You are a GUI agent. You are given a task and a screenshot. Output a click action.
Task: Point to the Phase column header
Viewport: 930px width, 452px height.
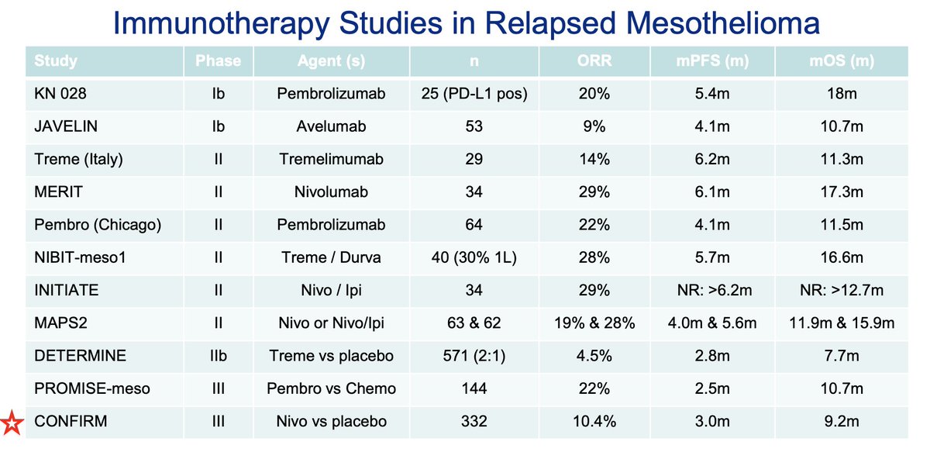[219, 60]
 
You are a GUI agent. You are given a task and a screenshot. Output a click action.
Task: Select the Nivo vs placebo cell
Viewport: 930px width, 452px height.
[332, 421]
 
